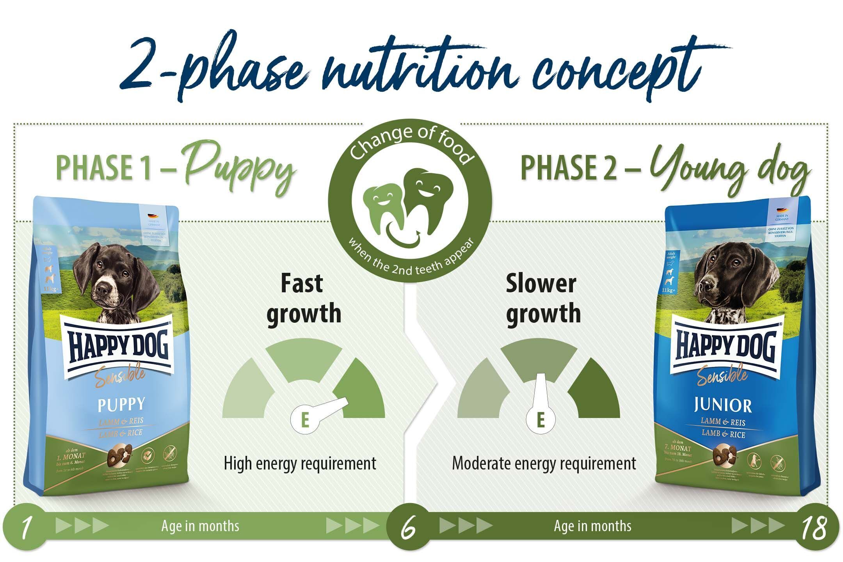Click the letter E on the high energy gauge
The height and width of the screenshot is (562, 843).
pos(305,421)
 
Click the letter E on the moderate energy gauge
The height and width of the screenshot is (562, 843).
pos(541,420)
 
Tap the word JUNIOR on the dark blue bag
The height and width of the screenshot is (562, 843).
pos(723,406)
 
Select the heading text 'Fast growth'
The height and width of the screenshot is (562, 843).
pos(304,299)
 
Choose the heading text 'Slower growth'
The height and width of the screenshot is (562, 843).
pos(543,299)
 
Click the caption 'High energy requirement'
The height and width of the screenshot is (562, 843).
pos(300,464)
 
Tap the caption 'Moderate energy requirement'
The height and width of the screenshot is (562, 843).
pos(544,464)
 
